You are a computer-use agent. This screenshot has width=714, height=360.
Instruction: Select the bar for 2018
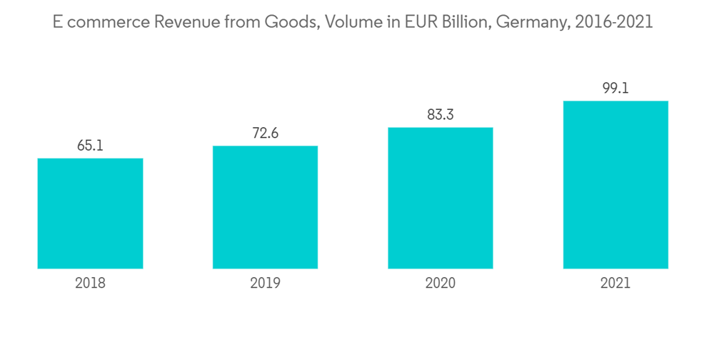click(x=90, y=214)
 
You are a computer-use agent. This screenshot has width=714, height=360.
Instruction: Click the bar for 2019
click(x=265, y=207)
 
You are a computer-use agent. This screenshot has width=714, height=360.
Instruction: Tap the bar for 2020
click(x=440, y=198)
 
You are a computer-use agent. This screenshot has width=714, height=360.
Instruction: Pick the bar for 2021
click(x=615, y=184)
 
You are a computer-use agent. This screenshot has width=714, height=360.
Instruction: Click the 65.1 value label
click(x=90, y=146)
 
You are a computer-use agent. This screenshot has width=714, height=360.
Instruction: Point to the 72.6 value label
click(x=265, y=134)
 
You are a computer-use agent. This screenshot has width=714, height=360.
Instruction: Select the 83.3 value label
click(x=440, y=115)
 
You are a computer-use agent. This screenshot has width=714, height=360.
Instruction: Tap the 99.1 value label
click(x=615, y=89)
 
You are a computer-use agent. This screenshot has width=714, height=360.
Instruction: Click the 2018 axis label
click(x=90, y=284)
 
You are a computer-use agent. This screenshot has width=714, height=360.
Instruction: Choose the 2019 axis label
click(x=265, y=284)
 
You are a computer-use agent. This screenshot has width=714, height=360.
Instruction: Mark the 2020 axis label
click(x=440, y=284)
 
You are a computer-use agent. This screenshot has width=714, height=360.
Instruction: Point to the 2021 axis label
click(x=615, y=284)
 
